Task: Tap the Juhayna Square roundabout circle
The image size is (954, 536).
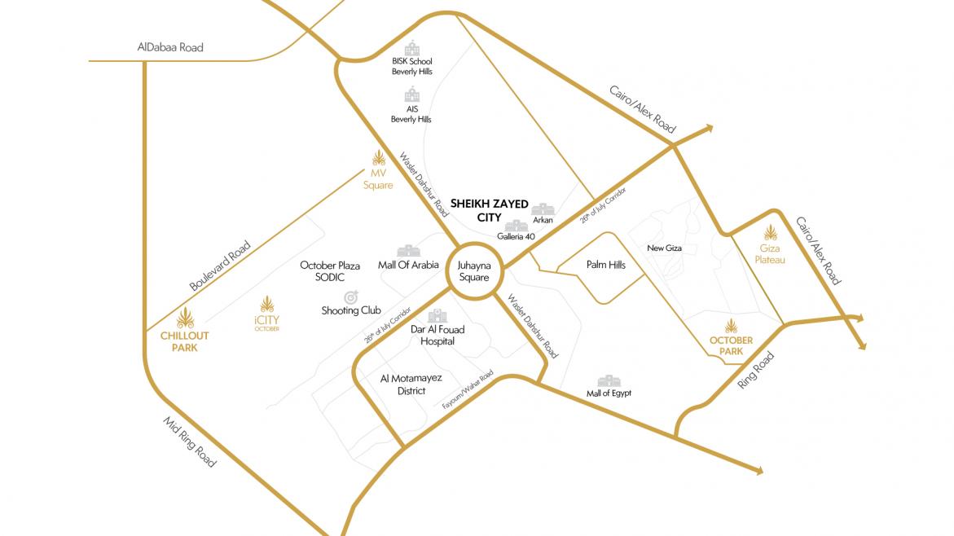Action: coord(473,271)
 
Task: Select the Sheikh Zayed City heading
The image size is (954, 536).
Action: coord(489,210)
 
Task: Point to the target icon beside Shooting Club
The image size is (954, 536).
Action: coord(351,297)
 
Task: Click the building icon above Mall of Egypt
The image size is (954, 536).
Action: coord(609,381)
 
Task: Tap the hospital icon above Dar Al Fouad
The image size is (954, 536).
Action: coord(437,315)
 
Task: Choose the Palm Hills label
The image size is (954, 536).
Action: coord(606,265)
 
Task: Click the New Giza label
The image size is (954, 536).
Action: coord(664,248)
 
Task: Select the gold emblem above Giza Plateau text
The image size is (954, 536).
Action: coord(770,233)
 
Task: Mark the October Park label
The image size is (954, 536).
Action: coord(732,345)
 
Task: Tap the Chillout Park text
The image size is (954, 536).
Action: coord(185,341)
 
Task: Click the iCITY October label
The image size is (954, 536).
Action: coord(266,323)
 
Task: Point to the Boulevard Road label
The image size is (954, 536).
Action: coord(221,266)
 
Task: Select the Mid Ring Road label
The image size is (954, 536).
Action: coord(190,442)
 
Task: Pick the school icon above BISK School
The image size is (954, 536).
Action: coord(412,48)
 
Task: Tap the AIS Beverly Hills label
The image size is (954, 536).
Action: coord(411,114)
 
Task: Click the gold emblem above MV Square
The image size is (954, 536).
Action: coord(378,157)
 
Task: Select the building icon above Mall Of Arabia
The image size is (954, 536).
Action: coord(408,250)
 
